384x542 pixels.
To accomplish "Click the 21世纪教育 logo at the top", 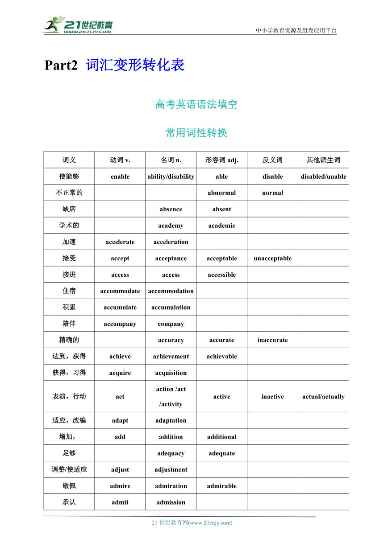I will click(x=78, y=25).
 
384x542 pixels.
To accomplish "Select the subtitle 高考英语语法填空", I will click(x=196, y=105).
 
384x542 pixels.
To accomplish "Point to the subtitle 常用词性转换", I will click(x=196, y=133).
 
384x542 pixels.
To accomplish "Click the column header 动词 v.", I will click(x=120, y=160).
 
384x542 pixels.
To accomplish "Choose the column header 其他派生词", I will click(x=323, y=160).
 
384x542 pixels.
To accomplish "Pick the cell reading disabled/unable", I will click(x=323, y=177).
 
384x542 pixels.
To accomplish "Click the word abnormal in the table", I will click(x=221, y=193).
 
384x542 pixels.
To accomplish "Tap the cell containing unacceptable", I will click(x=272, y=259).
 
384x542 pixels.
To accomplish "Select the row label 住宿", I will click(x=69, y=291).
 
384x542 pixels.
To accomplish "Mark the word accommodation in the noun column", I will click(x=171, y=291).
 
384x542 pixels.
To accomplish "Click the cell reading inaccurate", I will click(x=272, y=340).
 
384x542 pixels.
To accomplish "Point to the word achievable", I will click(x=221, y=357).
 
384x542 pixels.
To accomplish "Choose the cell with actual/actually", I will click(x=323, y=397).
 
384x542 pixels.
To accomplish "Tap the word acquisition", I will click(x=171, y=373).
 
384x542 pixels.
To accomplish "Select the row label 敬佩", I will click(x=69, y=486).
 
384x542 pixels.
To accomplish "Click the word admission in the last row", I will click(x=171, y=502).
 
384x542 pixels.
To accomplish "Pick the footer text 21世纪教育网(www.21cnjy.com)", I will click(x=192, y=523).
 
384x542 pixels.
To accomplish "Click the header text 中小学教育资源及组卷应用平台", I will click(x=296, y=31).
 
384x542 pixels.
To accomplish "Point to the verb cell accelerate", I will click(x=120, y=242).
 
